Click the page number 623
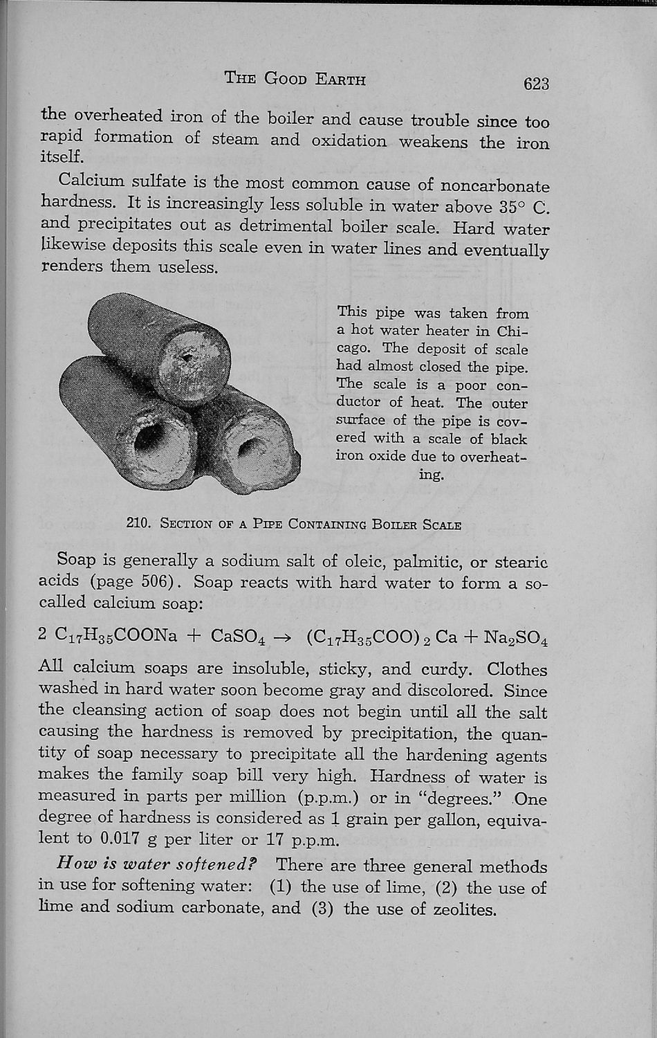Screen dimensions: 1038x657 click(x=536, y=84)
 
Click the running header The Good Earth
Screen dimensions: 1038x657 click(x=295, y=78)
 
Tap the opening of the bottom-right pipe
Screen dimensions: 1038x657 click(x=251, y=450)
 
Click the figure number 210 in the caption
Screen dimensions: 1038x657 click(x=138, y=523)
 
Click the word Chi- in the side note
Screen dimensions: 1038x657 click(x=512, y=331)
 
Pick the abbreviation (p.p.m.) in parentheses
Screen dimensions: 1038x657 click(x=326, y=797)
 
